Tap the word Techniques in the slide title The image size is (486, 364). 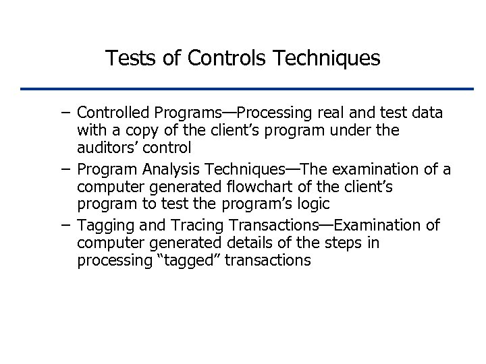click(x=327, y=59)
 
